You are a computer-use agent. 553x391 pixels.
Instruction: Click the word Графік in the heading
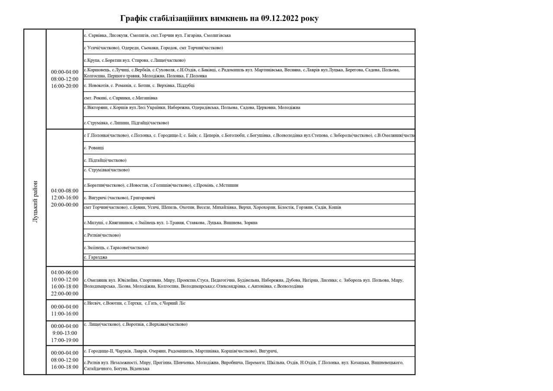[133, 19]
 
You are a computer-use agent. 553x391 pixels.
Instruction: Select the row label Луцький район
[35, 201]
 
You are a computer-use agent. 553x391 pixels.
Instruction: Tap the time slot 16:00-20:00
[65, 86]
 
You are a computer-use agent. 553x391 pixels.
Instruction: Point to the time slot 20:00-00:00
[65, 205]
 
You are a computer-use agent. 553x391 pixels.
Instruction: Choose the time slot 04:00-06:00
[65, 273]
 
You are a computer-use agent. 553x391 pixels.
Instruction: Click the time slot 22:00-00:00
[65, 294]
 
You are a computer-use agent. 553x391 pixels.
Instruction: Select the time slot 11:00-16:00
[65, 314]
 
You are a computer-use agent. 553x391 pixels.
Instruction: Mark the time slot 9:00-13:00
[65, 333]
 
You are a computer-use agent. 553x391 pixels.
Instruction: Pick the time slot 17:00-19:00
[65, 340]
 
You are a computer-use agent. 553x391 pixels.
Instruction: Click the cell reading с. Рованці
[94, 148]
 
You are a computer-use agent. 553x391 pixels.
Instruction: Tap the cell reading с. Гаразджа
[95, 257]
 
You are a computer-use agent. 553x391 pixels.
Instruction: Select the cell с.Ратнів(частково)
[102, 235]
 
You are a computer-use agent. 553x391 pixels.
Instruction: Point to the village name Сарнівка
[97, 35]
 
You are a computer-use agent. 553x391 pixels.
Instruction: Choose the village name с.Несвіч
[92, 303]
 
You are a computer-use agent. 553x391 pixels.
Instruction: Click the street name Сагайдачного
[97, 369]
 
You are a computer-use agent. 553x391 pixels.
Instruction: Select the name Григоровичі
[143, 198]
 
